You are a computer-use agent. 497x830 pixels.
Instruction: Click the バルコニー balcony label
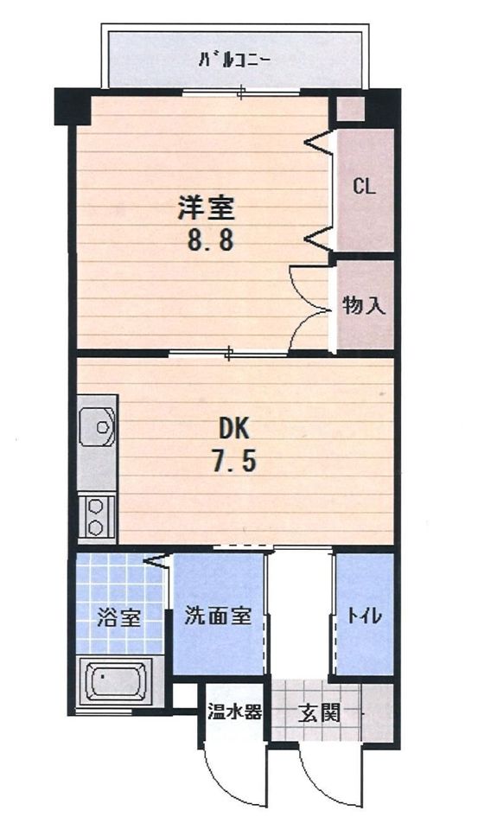235,61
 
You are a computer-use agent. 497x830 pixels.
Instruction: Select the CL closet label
364,187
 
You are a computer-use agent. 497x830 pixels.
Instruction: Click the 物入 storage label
363,305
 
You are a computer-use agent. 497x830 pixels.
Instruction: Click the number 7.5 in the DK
234,462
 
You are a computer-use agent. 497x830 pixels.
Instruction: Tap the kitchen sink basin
98,427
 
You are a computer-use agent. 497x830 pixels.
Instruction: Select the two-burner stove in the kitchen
97,516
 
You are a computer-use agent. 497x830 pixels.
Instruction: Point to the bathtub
114,682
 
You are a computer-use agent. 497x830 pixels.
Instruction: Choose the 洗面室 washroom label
218,616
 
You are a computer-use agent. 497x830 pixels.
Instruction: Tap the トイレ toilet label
365,616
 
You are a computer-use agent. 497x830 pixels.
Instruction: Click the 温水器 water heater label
233,713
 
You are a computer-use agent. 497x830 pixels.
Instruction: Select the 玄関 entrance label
319,713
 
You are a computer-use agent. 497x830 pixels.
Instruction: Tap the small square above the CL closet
349,109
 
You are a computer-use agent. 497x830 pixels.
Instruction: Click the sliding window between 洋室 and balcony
241,92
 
